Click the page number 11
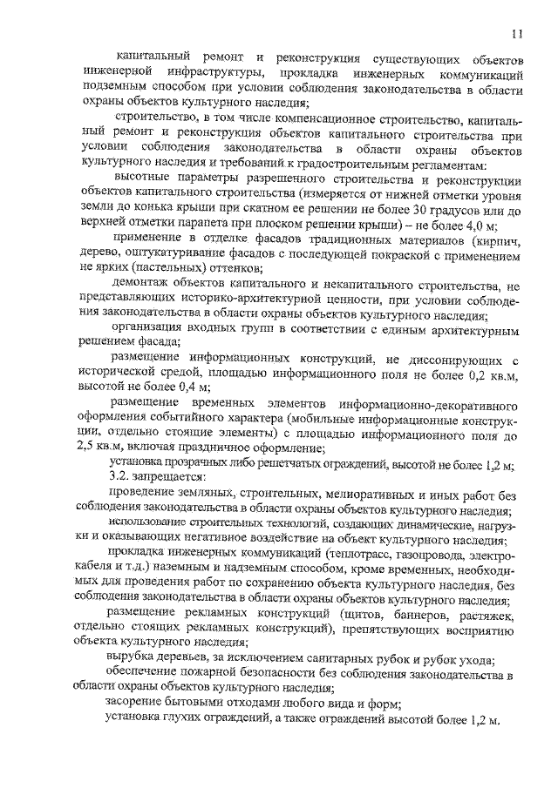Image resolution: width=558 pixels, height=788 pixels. (x=517, y=34)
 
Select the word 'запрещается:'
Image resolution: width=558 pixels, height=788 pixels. (x=171, y=478)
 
